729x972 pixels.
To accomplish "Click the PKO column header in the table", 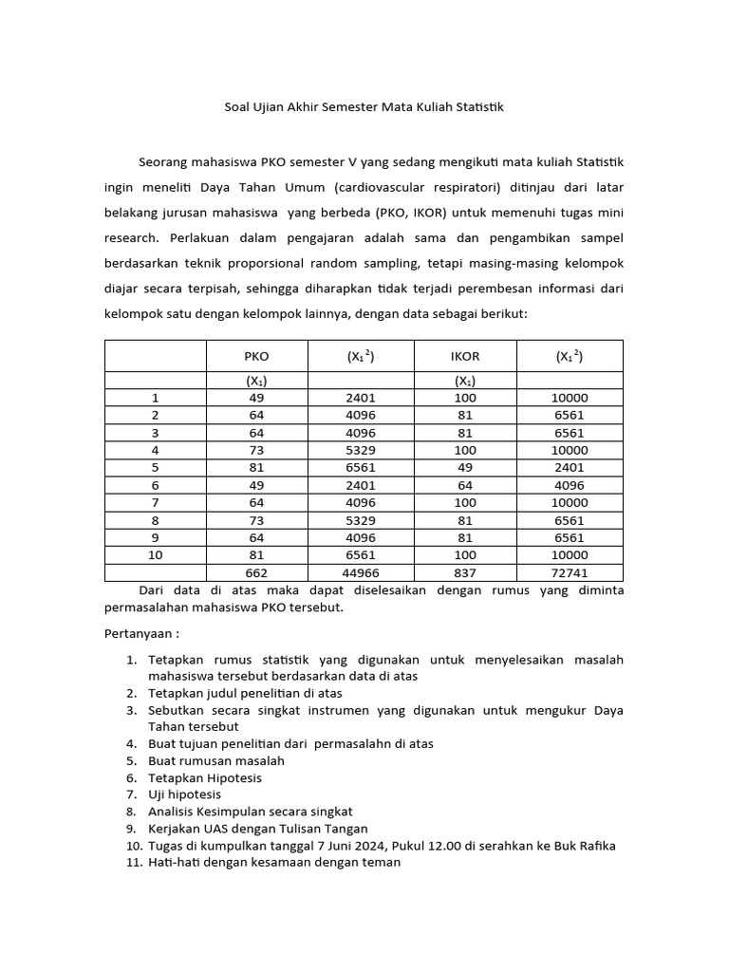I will [x=256, y=356].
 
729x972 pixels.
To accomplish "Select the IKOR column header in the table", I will [x=465, y=356].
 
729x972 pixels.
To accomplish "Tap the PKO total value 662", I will [x=256, y=572].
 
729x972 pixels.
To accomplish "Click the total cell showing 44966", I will [x=361, y=572].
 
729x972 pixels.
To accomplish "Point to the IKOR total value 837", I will [x=465, y=572].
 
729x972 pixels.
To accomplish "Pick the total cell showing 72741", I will [x=570, y=572].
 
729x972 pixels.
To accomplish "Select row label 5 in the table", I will [x=156, y=467].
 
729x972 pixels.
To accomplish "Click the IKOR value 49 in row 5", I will [x=465, y=467].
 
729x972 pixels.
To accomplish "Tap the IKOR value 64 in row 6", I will [x=465, y=485].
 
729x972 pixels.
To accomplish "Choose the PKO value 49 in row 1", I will [x=256, y=398].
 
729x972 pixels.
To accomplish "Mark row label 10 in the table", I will [x=156, y=554].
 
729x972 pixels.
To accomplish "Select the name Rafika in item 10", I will [x=595, y=846].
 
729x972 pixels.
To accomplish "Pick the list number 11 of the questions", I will [x=133, y=863].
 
